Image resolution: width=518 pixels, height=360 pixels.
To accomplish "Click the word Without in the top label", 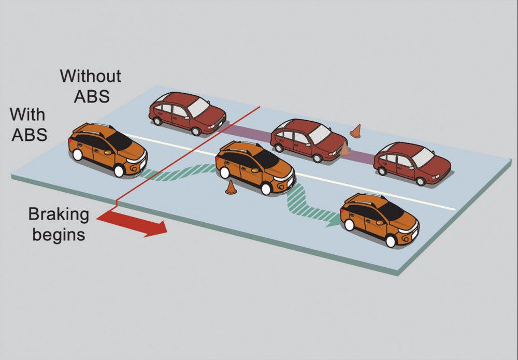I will tap(91, 76).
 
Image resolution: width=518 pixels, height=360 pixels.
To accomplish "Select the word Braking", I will tap(59, 214).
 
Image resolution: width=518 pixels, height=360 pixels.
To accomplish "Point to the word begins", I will tap(59, 234).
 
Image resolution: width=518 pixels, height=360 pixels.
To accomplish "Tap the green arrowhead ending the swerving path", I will tap(334, 220).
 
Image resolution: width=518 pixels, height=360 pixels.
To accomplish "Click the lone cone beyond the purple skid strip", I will tap(355, 131).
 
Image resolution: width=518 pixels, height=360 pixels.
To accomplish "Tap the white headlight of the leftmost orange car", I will tap(136, 160).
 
